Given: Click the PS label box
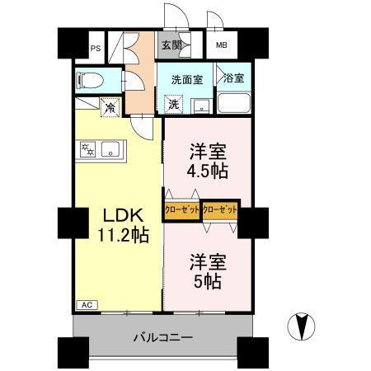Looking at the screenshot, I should click(x=96, y=47).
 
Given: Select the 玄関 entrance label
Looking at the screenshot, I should click(x=171, y=45).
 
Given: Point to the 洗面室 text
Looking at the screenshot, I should click(x=185, y=81).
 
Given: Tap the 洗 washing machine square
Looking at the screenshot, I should click(x=173, y=105).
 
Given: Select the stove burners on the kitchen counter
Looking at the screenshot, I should click(x=88, y=150).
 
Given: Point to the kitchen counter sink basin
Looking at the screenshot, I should click(x=114, y=150).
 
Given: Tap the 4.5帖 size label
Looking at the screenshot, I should click(x=207, y=171).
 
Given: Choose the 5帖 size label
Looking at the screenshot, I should click(x=207, y=280).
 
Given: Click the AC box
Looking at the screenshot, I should click(x=86, y=305).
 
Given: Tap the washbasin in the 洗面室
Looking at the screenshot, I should click(x=199, y=106).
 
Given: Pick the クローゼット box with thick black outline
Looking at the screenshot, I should click(x=219, y=210).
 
